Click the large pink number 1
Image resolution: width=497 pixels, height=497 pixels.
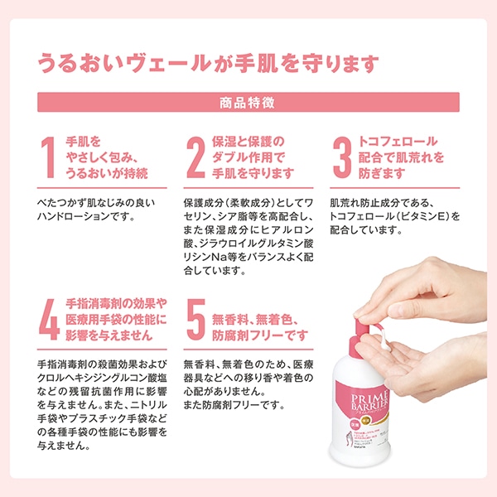coord(49,158)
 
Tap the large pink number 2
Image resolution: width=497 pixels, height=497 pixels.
coord(195,158)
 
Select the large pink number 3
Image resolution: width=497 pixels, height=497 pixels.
coord(342,158)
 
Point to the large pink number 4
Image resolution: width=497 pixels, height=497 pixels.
coord(49,321)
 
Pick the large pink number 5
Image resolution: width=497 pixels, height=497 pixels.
coord(195,321)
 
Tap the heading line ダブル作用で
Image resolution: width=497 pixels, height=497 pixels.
coord(248,157)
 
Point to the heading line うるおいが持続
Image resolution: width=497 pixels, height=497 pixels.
coord(106,173)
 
